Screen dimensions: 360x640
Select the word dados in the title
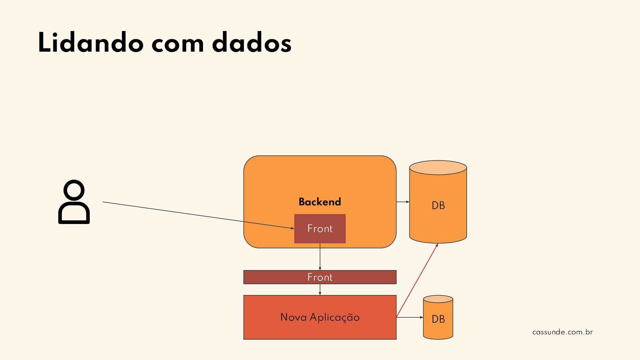coord(252,43)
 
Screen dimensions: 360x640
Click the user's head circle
coord(74,191)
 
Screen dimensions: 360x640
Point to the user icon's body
coord(74,213)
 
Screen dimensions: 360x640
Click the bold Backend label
coord(320,202)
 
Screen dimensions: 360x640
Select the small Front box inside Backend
coord(320,229)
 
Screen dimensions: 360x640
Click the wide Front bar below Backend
coord(320,277)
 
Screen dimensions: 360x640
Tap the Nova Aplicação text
coord(320,317)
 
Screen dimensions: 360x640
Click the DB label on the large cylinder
coord(438,205)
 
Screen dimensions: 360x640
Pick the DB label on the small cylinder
coord(438,319)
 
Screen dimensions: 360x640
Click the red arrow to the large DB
coord(417,280)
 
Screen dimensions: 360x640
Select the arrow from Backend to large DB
coord(403,202)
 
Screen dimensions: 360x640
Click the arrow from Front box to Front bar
coord(320,257)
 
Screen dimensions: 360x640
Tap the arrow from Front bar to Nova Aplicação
coord(320,289)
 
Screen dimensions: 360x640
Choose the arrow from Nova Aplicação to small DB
coord(410,317)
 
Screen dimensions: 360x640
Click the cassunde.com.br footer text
coord(562,332)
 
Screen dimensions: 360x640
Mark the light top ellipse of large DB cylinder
coord(438,168)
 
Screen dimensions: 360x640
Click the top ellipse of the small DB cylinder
coord(438,299)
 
